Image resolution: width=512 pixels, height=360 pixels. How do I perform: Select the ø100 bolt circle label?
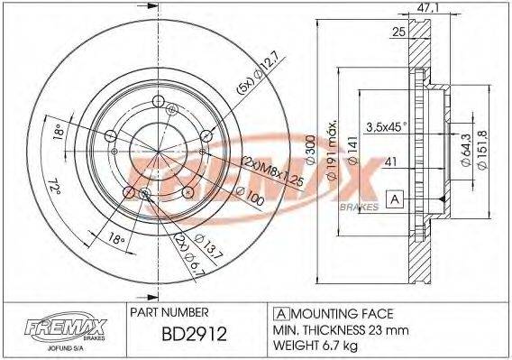[249, 198]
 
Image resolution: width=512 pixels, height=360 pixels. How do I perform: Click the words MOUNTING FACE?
[340, 313]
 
